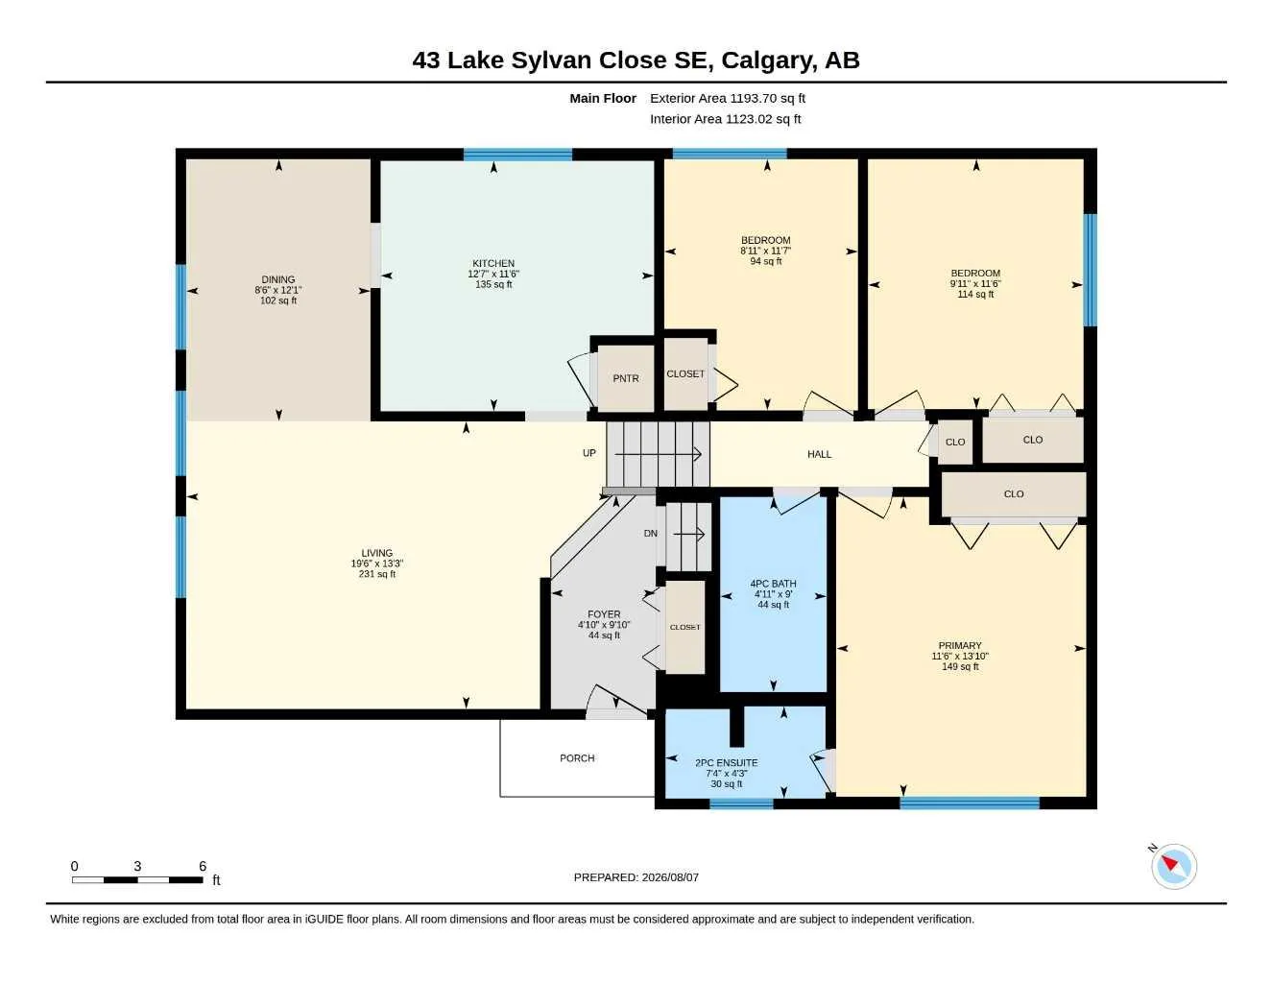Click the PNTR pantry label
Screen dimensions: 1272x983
coord(626,378)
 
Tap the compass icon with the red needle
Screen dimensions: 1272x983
coord(1174,867)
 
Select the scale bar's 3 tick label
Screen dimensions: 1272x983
coord(137,866)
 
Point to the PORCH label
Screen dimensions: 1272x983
coord(577,758)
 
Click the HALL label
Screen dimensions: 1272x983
coord(820,454)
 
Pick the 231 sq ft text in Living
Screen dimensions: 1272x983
coord(377,574)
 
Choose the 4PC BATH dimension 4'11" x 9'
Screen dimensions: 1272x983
coord(773,594)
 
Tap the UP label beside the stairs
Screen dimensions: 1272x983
coord(588,453)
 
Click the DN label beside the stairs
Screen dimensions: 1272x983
coord(650,534)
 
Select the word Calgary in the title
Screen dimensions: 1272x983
coord(767,60)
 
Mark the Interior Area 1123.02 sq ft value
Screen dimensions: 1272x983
coord(725,119)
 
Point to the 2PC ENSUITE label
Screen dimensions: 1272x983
coord(727,763)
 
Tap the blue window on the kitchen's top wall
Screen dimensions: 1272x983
coord(517,155)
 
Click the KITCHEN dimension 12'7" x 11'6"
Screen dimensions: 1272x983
coord(493,274)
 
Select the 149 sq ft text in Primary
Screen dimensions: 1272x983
coord(960,666)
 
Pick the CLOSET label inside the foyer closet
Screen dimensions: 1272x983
coord(684,627)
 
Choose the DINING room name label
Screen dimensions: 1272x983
coord(278,279)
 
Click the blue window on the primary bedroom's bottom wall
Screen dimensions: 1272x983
coord(970,803)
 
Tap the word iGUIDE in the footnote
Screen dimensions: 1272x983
coord(324,920)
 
